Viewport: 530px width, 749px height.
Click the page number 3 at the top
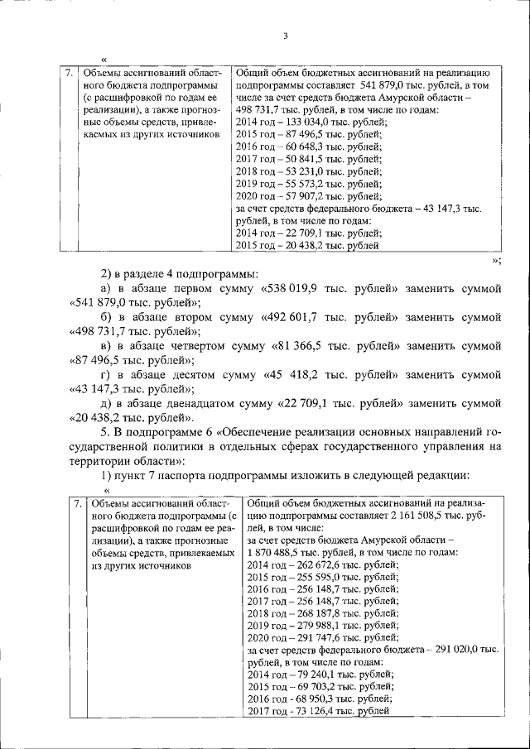[284, 36]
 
